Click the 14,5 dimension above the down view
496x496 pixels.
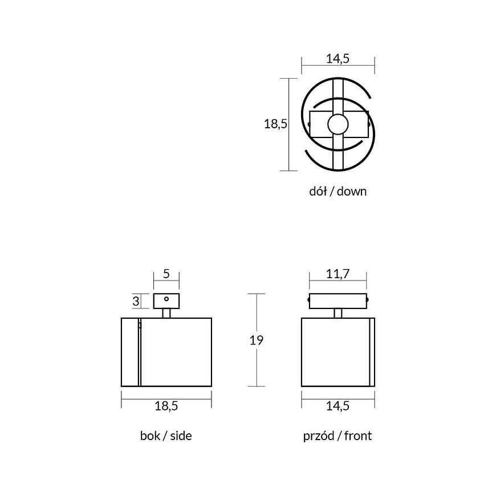338,59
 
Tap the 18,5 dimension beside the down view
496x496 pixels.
275,124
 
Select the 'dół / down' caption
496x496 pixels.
338,192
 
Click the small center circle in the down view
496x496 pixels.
338,124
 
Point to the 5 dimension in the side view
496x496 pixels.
166,274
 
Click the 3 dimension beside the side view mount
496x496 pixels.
136,301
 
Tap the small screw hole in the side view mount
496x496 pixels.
166,299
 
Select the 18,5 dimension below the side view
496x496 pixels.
166,406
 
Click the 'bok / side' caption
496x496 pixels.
166,436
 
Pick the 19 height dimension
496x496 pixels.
256,340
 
